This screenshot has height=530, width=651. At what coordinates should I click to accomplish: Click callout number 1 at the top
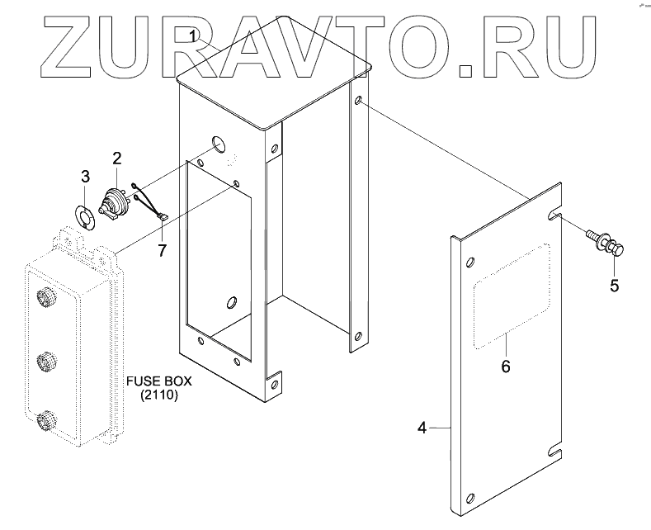(x=192, y=35)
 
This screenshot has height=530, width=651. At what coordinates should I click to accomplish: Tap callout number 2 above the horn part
(x=117, y=158)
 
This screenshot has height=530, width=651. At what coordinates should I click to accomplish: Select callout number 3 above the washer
(x=85, y=176)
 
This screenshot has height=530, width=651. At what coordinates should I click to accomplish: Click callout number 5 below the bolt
(x=614, y=286)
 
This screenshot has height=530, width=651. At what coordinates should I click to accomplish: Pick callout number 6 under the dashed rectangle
(x=506, y=365)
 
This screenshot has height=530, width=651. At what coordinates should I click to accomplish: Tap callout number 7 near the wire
(x=162, y=248)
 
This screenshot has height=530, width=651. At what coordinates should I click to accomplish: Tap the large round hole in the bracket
(x=219, y=144)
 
